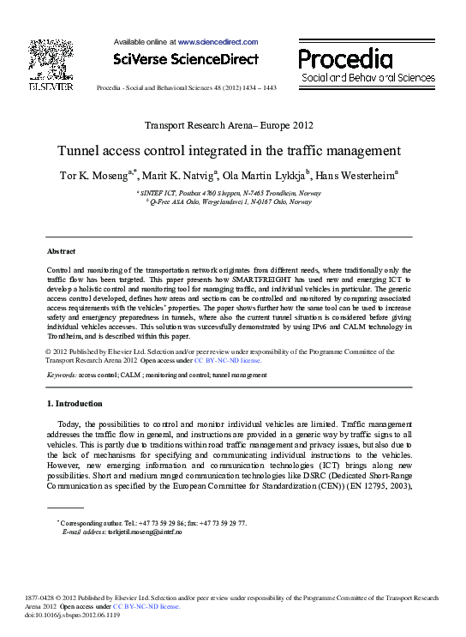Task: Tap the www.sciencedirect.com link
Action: pos(218,41)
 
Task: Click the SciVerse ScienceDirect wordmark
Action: pos(185,59)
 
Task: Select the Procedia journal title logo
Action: pos(345,58)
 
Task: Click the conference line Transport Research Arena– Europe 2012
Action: pos(230,125)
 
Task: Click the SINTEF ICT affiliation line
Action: pos(230,194)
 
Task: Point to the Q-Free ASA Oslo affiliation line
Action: pos(230,202)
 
